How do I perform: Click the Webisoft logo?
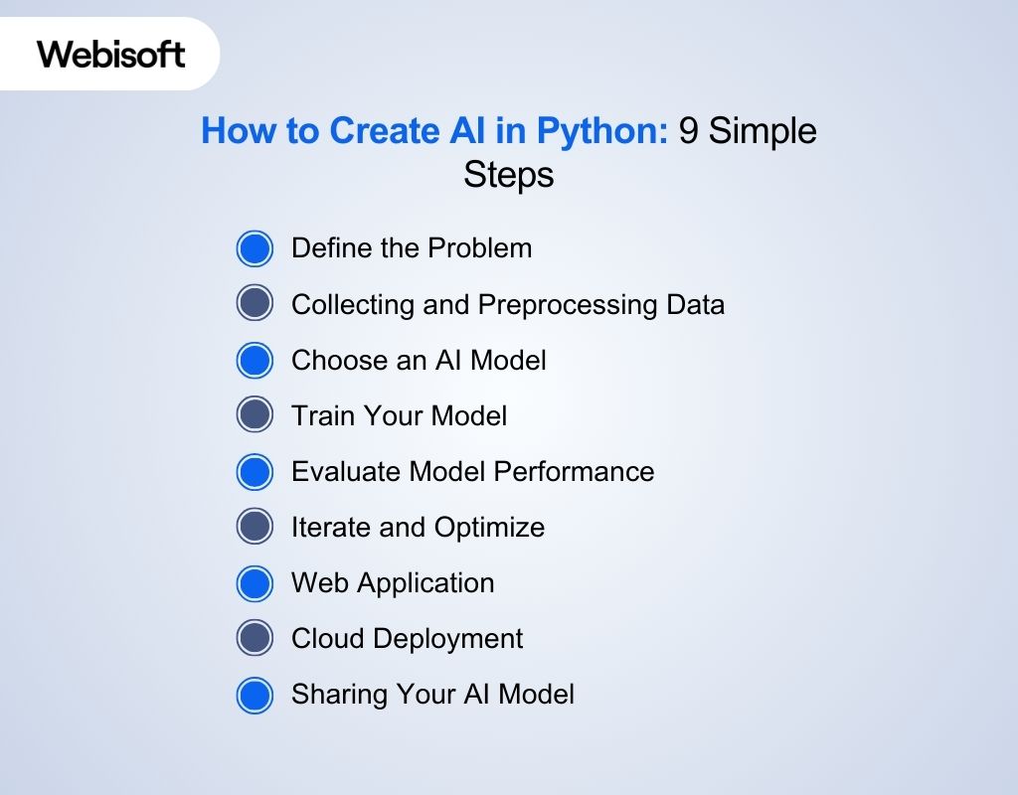pos(111,54)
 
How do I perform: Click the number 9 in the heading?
pos(688,130)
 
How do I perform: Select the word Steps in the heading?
pos(508,176)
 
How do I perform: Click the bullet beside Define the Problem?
pos(254,248)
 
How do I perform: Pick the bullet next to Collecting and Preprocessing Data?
pos(254,304)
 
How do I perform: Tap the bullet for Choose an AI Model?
pos(254,360)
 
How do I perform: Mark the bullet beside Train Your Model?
pos(254,415)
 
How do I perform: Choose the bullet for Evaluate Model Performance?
pos(254,471)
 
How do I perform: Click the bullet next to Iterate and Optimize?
pos(254,527)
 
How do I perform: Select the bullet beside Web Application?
pos(254,582)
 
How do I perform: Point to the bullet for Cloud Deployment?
pos(254,638)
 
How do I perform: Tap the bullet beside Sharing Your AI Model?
pos(254,694)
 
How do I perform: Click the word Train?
pos(318,415)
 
